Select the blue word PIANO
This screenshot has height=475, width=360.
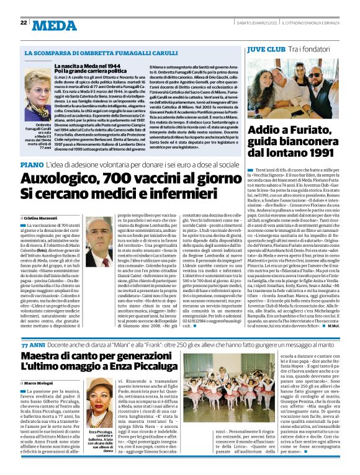click(32, 165)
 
